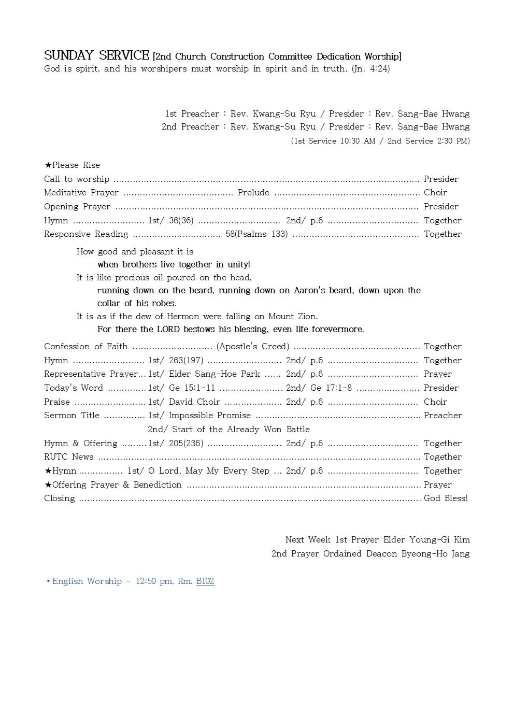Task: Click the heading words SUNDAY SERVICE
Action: click(96, 55)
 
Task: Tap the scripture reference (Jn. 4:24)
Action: click(370, 68)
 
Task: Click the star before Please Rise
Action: click(48, 165)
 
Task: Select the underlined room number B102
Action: click(205, 581)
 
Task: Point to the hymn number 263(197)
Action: click(186, 360)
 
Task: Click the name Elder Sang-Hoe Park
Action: click(215, 374)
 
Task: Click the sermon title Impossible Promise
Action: click(209, 416)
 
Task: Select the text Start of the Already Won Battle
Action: click(241, 429)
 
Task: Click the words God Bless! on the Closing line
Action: click(446, 498)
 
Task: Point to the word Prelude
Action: click(253, 193)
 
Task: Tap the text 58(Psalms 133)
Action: click(256, 234)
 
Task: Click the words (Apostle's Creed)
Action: click(253, 347)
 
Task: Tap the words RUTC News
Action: click(69, 457)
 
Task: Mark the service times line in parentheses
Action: click(380, 141)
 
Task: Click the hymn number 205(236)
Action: click(186, 444)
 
